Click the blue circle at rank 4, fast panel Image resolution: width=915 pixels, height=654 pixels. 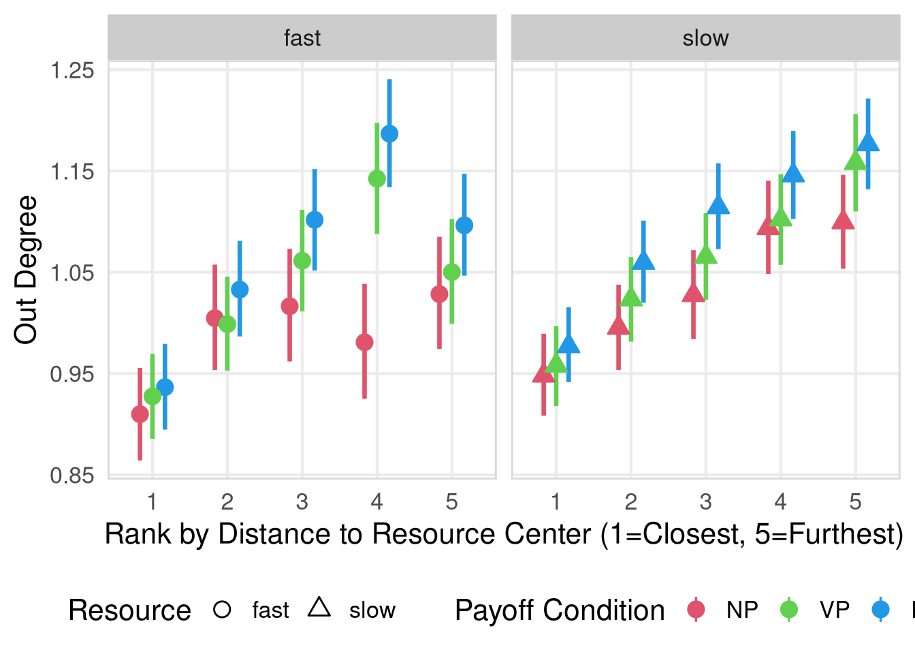point(389,134)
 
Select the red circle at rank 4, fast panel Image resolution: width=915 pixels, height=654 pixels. point(364,342)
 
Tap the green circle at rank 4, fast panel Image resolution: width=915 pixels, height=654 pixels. point(377,178)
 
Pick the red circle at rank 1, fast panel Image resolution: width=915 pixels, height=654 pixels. point(140,414)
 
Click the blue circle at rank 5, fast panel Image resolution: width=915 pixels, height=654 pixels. point(464,225)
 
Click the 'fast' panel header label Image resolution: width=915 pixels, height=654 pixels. point(302,38)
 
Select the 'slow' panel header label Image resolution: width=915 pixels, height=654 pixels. point(705,38)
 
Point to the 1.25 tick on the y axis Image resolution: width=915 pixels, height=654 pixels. point(72,70)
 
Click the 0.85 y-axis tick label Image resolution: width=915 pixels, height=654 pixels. point(72,476)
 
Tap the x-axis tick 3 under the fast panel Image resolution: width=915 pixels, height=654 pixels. point(302,502)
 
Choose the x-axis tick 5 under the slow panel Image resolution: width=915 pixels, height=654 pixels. point(855,502)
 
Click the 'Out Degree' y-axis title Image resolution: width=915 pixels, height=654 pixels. point(26,270)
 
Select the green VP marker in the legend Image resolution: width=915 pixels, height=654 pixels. point(788,610)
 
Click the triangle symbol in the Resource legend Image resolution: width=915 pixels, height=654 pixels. point(319,608)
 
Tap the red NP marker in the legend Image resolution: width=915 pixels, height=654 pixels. point(696,610)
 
